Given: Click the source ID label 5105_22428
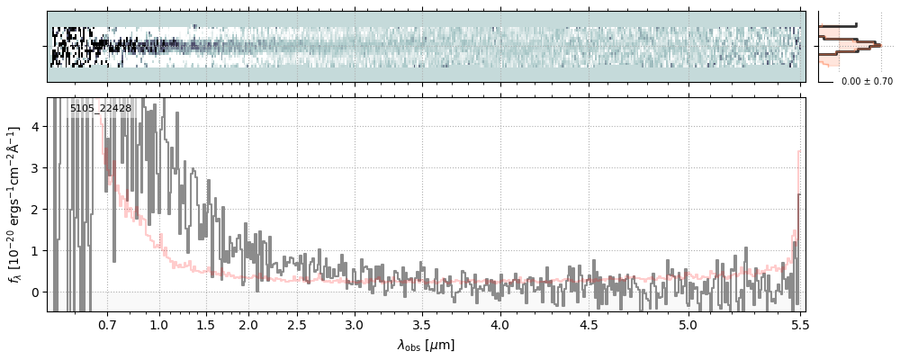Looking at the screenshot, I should (101, 109).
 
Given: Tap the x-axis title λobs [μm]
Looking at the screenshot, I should (426, 345).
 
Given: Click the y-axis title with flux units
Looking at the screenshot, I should (15, 204).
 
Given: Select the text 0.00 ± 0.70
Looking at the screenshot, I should (867, 81).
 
